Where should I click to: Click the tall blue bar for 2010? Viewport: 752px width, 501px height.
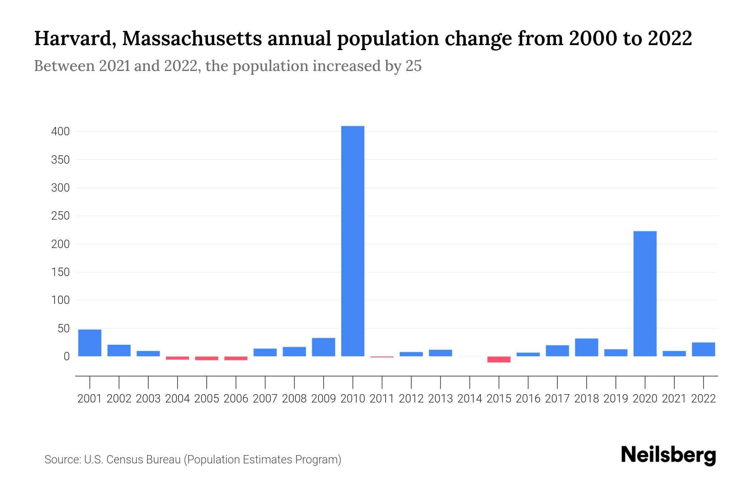353,241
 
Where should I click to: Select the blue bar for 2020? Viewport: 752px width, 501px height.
645,294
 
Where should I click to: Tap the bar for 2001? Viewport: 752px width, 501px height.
90,343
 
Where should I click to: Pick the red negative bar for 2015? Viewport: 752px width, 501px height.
499,359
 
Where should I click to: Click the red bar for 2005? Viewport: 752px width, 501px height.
207,358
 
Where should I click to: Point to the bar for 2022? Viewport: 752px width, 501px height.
703,349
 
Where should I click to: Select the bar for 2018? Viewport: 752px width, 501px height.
586,347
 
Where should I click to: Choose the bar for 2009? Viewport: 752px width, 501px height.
323,347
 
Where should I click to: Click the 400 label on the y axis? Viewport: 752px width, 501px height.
60,132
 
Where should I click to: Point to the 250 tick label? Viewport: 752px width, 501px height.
60,216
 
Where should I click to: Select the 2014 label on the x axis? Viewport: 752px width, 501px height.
470,399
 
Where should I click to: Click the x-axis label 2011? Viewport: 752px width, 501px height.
382,399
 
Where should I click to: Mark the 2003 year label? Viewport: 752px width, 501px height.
148,399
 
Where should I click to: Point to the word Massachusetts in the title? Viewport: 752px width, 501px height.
192,39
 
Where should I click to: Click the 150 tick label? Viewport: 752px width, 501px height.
60,272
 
